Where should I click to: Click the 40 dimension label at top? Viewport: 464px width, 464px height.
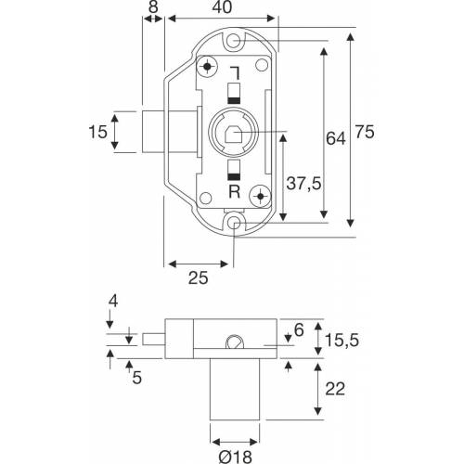pyautogui.click(x=222, y=7)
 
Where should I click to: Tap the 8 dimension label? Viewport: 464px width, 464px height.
pyautogui.click(x=153, y=6)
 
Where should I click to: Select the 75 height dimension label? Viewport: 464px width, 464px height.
pyautogui.click(x=365, y=132)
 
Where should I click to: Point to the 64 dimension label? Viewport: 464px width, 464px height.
pyautogui.click(x=336, y=138)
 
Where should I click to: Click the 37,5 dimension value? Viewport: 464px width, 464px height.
pyautogui.click(x=303, y=183)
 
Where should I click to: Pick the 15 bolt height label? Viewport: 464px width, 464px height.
pyautogui.click(x=97, y=132)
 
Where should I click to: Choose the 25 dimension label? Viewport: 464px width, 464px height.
pyautogui.click(x=198, y=277)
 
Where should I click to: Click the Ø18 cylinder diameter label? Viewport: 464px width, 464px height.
pyautogui.click(x=235, y=457)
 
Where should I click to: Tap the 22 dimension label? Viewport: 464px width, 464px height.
pyautogui.click(x=335, y=389)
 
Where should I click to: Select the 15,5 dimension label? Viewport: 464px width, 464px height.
pyautogui.click(x=342, y=341)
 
